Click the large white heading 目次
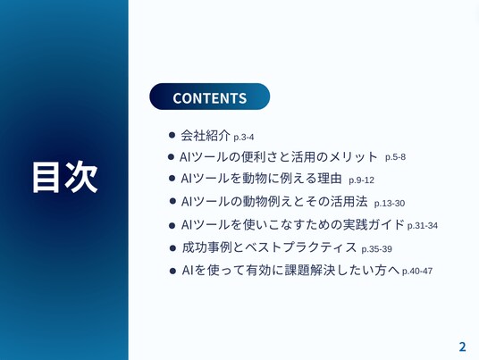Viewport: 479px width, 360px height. click(x=64, y=177)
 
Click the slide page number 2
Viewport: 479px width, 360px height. click(x=462, y=347)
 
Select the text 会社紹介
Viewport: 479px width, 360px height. click(x=206, y=135)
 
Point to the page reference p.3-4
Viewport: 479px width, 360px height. click(x=243, y=137)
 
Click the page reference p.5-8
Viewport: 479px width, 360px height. click(x=395, y=157)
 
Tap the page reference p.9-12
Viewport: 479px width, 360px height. click(x=361, y=180)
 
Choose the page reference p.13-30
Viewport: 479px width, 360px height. click(x=390, y=204)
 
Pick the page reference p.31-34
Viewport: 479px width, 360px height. click(x=423, y=226)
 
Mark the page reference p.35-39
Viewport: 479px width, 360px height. click(x=376, y=249)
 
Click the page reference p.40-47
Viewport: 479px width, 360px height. click(x=417, y=271)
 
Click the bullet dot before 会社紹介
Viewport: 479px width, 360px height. click(x=172, y=135)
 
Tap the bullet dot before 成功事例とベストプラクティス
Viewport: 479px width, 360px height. click(x=172, y=248)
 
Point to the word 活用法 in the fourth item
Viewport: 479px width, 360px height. click(x=349, y=202)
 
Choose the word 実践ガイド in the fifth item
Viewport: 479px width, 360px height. click(x=374, y=224)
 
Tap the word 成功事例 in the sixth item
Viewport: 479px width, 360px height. click(x=207, y=247)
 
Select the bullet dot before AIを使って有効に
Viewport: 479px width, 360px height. click(x=172, y=271)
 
